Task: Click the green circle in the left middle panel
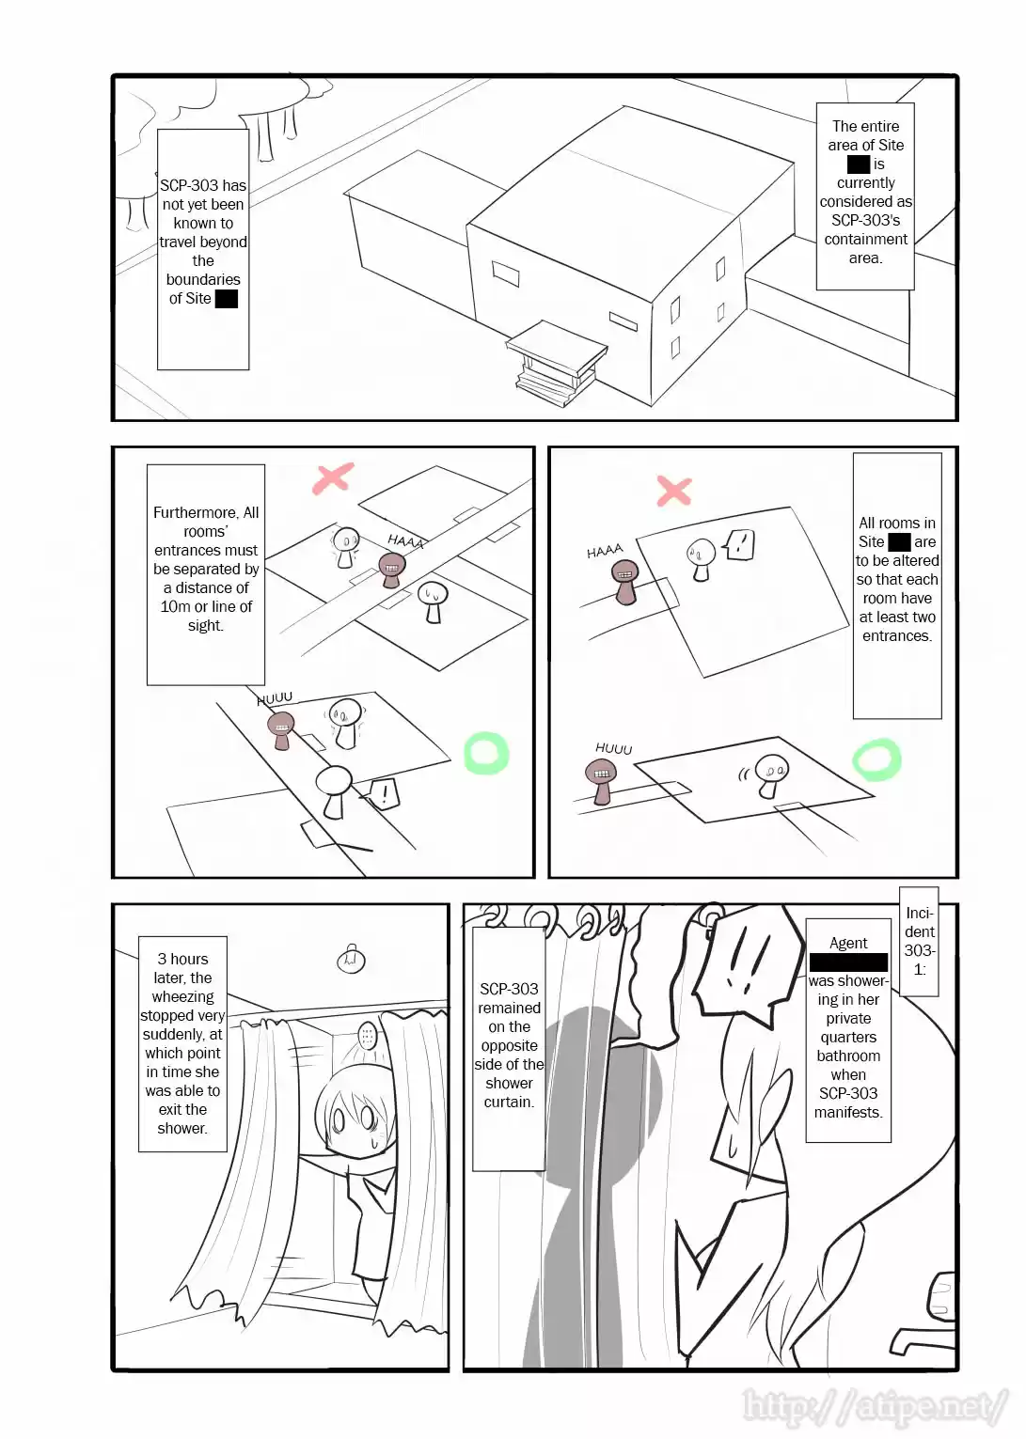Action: pyautogui.click(x=486, y=753)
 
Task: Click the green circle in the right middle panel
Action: pyautogui.click(x=876, y=759)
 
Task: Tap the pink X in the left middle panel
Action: pyautogui.click(x=332, y=477)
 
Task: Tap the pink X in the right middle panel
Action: pyautogui.click(x=673, y=490)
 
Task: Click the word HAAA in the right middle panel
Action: pyautogui.click(x=605, y=551)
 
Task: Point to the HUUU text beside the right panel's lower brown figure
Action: pyautogui.click(x=613, y=748)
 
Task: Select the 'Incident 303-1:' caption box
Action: pyautogui.click(x=919, y=940)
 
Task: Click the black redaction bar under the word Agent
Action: pyautogui.click(x=848, y=962)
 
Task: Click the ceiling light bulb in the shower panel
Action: pyautogui.click(x=351, y=959)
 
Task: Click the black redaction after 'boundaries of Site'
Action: pyautogui.click(x=227, y=299)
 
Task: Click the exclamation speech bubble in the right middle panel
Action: pyautogui.click(x=740, y=544)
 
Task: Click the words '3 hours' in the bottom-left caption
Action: pyautogui.click(x=182, y=959)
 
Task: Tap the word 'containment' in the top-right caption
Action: pyautogui.click(x=865, y=239)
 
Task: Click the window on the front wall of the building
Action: pyautogui.click(x=506, y=274)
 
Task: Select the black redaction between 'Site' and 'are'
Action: pyautogui.click(x=899, y=541)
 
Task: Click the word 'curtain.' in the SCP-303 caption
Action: pyautogui.click(x=509, y=1102)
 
